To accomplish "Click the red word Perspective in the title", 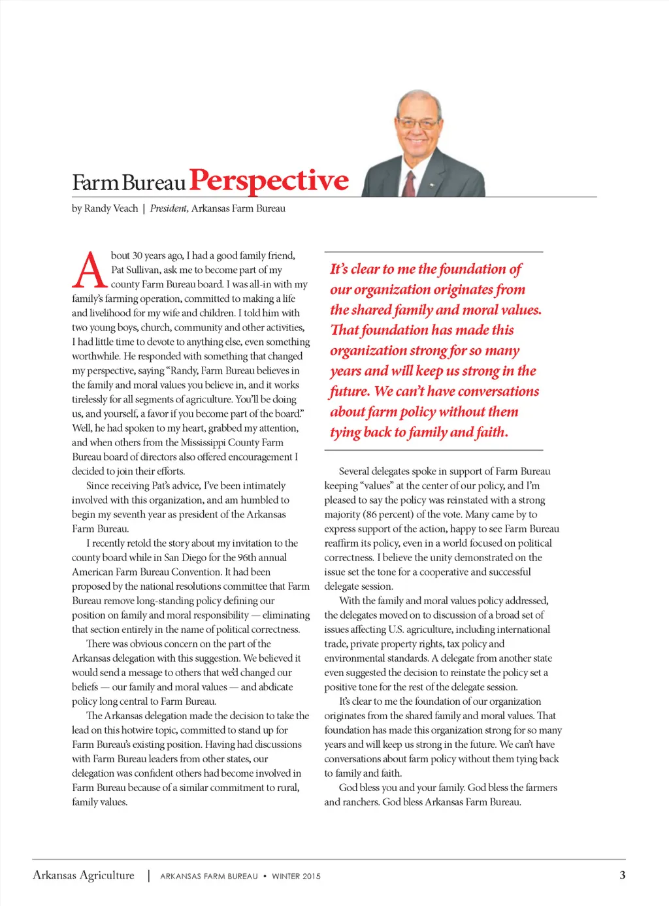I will click(269, 180).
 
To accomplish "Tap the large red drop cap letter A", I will click(89, 270).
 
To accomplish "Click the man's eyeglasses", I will click(418, 123).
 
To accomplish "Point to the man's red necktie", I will click(410, 184).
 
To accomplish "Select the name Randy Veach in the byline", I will click(111, 208).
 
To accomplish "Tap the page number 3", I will click(622, 875).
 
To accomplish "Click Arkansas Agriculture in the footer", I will click(84, 875).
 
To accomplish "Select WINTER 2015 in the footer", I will click(296, 877).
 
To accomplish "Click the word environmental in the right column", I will click(354, 658).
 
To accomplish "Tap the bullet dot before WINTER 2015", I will click(265, 877).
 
